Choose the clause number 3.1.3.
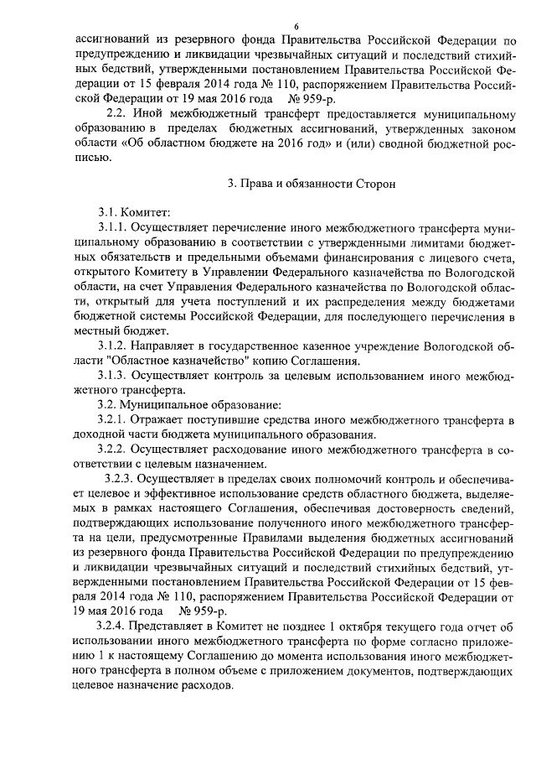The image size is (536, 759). point(113,374)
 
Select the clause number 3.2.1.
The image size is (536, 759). point(113,418)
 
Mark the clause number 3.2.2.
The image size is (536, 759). point(113,449)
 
